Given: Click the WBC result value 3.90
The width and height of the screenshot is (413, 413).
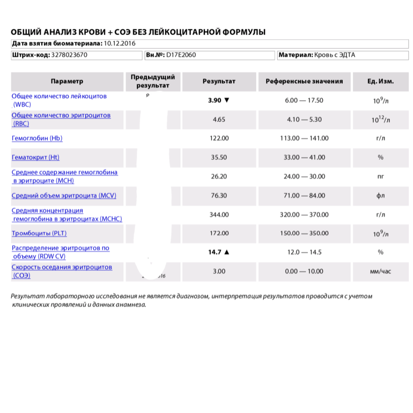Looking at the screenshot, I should click(215, 100).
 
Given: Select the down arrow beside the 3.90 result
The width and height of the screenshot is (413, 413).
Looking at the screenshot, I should click(227, 100).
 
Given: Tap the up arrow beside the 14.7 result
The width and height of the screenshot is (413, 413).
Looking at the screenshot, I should click(227, 252).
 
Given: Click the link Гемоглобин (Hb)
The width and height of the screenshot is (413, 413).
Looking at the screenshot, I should click(37, 138).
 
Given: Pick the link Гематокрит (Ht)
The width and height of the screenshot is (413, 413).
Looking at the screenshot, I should click(35, 158).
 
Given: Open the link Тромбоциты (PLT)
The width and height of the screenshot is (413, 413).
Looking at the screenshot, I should click(39, 233).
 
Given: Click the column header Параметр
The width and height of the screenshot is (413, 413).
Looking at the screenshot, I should click(67, 82).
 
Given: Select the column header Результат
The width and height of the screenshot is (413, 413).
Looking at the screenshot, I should click(219, 82).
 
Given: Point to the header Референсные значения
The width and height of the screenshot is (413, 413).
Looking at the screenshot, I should click(304, 82).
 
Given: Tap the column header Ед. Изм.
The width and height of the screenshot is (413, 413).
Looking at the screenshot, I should click(380, 82).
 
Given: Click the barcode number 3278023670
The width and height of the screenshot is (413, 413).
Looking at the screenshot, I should click(70, 55).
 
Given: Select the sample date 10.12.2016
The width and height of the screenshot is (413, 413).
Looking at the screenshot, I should click(120, 43).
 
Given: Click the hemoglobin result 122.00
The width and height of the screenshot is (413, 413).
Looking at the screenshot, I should click(219, 138).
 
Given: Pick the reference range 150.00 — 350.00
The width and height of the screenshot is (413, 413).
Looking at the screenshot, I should click(304, 233).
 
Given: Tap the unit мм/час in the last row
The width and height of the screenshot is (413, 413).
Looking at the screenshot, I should click(380, 271).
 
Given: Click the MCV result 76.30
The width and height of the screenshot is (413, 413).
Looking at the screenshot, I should click(219, 196).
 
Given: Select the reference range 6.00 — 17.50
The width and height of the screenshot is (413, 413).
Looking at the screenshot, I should click(304, 100).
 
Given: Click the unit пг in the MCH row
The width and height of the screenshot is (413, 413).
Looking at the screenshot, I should click(380, 176).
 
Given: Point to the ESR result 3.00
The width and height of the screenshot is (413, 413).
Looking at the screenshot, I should click(219, 271).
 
